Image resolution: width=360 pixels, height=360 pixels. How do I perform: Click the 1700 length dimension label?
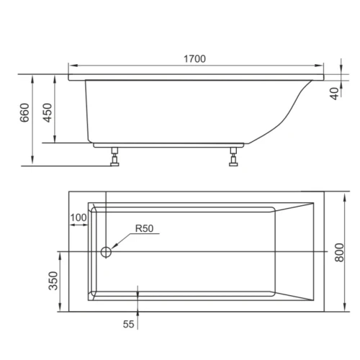tap(194, 59)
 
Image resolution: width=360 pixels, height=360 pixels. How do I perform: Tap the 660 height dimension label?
tap(24, 113)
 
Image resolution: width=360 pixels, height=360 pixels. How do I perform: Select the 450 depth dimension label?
tap(47, 113)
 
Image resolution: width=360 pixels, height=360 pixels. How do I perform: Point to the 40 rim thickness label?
tap(335, 94)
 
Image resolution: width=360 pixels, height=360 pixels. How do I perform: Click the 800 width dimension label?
tap(339, 253)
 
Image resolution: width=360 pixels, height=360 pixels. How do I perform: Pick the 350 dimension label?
tap(53, 281)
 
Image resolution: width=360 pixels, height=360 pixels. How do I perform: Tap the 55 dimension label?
tap(128, 324)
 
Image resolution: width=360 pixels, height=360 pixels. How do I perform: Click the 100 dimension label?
tap(78, 217)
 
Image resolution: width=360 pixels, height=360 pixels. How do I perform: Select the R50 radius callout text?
tap(144, 228)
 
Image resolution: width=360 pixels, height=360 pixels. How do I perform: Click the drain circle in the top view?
tap(106, 252)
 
